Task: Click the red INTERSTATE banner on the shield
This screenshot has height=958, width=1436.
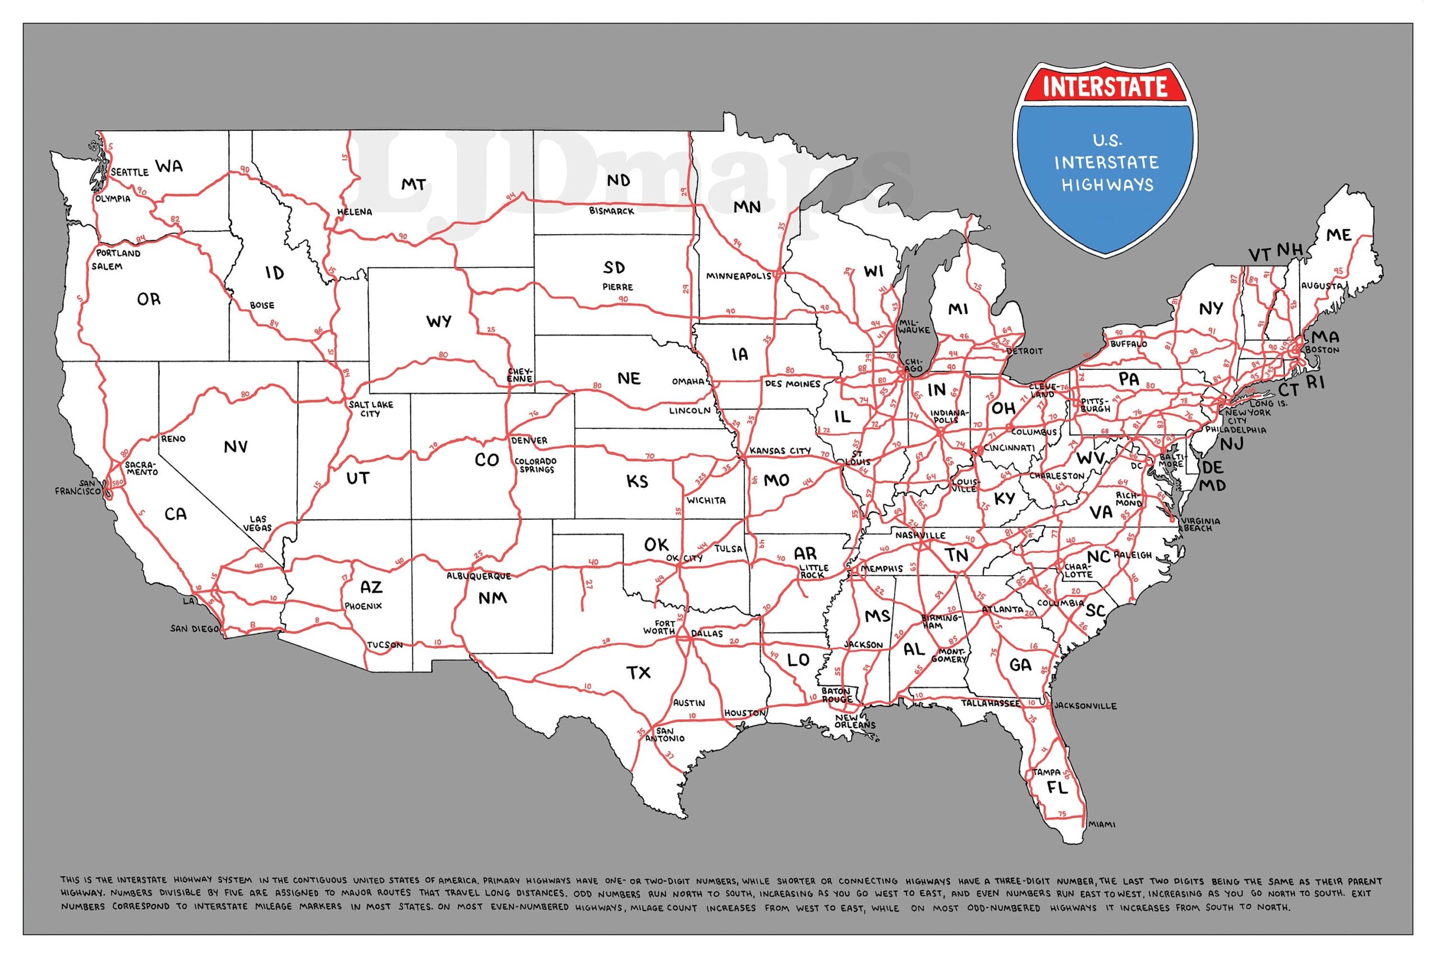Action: [x=1105, y=86]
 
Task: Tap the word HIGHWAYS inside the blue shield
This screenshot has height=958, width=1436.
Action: [x=1107, y=185]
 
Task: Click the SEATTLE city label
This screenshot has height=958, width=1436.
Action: [x=130, y=172]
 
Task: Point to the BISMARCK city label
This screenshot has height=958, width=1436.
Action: [x=611, y=211]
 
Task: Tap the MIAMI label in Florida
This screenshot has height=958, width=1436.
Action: [x=1102, y=824]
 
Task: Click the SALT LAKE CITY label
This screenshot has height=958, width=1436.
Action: [x=371, y=408]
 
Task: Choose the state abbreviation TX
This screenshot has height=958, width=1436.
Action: [x=639, y=673]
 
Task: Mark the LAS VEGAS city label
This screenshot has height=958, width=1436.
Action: [x=257, y=523]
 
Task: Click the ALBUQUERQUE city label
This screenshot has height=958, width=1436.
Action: [x=478, y=576]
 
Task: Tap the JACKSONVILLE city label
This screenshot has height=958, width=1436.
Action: [x=1085, y=705]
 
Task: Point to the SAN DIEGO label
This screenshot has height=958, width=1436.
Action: [x=194, y=628]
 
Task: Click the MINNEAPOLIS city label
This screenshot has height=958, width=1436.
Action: [x=739, y=276]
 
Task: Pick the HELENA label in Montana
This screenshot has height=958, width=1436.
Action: [x=354, y=212]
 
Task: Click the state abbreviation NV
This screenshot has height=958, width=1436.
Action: [x=235, y=447]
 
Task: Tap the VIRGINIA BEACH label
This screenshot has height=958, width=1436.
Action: [x=1201, y=524]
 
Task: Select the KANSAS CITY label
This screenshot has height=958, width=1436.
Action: [x=780, y=450]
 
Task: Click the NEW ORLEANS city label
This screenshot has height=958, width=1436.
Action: [x=855, y=721]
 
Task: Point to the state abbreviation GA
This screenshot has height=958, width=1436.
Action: [x=1020, y=664]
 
